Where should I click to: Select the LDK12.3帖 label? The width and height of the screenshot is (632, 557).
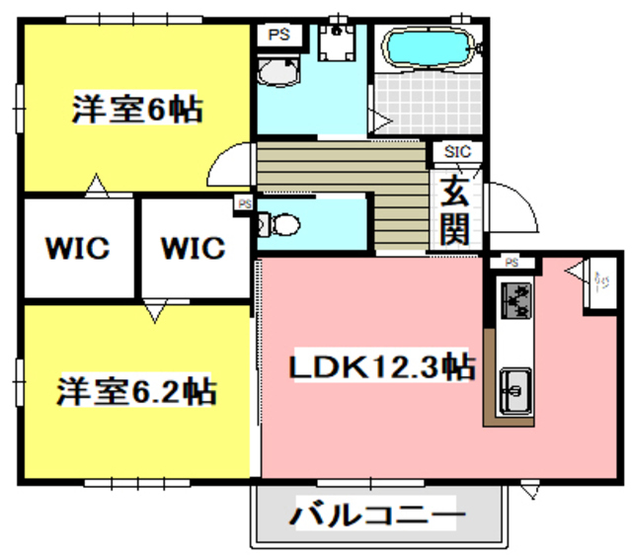pyautogui.click(x=380, y=367)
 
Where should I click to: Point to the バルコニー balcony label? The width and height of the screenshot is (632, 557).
pyautogui.click(x=376, y=516)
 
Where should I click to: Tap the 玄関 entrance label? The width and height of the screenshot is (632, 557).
pyautogui.click(x=453, y=209)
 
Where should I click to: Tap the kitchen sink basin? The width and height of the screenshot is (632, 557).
pyautogui.click(x=515, y=390)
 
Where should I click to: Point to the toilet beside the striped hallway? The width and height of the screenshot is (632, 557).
pyautogui.click(x=280, y=225)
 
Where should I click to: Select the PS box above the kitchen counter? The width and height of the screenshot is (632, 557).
pyautogui.click(x=512, y=263)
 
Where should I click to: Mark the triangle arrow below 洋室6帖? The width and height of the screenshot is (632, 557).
pyautogui.click(x=95, y=184)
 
